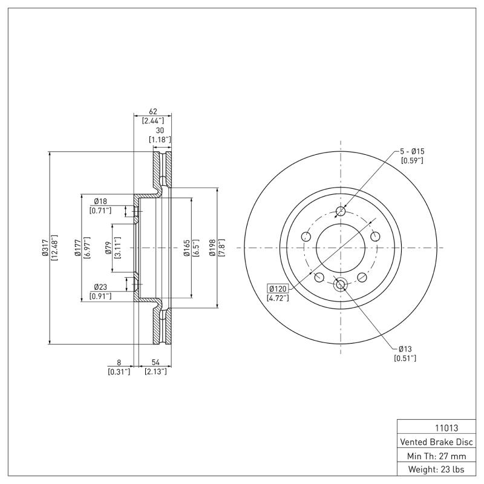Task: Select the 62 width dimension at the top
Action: pyautogui.click(x=153, y=112)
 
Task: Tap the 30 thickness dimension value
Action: pyautogui.click(x=160, y=130)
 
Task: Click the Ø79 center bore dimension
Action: pyautogui.click(x=107, y=248)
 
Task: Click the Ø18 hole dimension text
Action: pyautogui.click(x=100, y=201)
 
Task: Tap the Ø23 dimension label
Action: pyautogui.click(x=100, y=287)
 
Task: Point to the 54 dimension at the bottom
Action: pyautogui.click(x=155, y=362)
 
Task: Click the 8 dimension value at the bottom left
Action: pyautogui.click(x=119, y=362)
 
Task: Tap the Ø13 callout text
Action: pyautogui.click(x=405, y=349)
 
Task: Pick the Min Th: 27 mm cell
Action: pyautogui.click(x=436, y=455)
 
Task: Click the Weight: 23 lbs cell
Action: pyautogui.click(x=436, y=469)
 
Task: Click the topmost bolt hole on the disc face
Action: pyautogui.click(x=341, y=212)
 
